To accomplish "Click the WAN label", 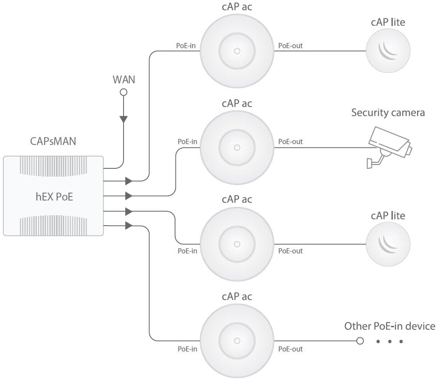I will click(124, 79).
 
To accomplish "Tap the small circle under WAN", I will click(124, 92).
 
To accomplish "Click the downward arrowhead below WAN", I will click(124, 118).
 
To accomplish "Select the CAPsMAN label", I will click(53, 141).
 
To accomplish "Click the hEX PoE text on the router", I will click(54, 197).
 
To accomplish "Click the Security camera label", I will click(388, 113).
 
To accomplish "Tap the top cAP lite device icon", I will click(388, 51).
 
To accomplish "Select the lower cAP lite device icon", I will click(388, 245).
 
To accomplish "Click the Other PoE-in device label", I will click(389, 326).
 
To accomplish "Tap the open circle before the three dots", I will click(359, 341).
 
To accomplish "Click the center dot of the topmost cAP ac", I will click(237, 51).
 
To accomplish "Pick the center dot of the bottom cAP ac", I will click(237, 341).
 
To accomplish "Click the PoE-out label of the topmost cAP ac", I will click(290, 45).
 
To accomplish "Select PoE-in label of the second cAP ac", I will click(187, 141).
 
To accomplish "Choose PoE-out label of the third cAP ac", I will click(290, 251).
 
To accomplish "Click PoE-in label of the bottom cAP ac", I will click(187, 349).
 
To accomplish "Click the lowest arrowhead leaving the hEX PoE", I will click(128, 226).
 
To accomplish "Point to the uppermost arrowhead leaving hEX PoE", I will click(128, 181).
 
